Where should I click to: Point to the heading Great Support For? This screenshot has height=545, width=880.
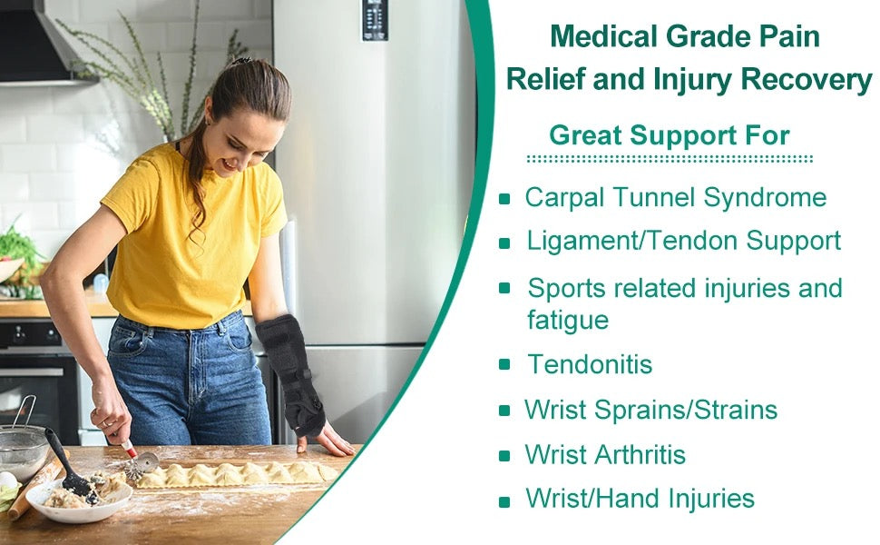670,136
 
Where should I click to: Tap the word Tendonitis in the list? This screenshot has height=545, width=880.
590,365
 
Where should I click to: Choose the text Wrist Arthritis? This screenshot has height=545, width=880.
605,454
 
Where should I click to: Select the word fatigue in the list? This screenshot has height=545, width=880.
568,320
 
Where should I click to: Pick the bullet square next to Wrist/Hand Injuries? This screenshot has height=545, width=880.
505,500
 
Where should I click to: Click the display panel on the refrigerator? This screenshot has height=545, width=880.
375,20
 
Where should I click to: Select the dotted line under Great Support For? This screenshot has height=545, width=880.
670,159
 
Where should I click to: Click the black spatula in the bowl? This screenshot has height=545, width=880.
69,469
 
